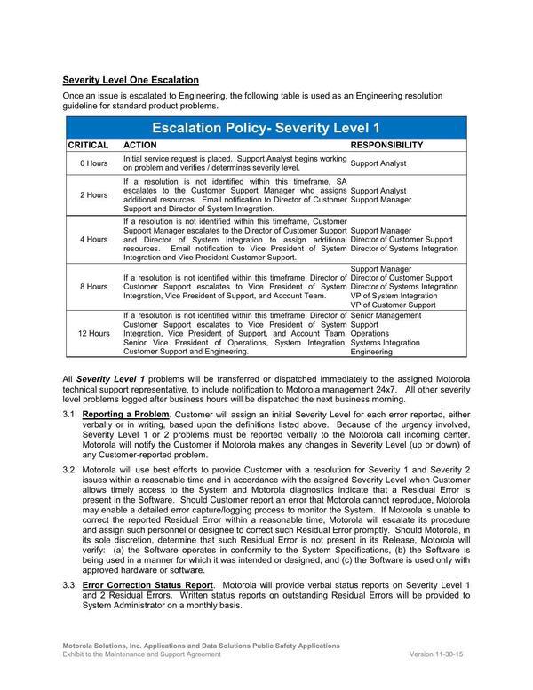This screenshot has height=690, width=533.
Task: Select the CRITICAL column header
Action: [88, 145]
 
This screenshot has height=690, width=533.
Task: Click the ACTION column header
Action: [139, 145]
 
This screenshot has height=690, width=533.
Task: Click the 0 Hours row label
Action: [93, 163]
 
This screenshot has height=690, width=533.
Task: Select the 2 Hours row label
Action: [93, 194]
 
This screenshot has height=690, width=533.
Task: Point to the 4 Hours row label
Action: [93, 239]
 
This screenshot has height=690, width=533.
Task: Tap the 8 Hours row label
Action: [93, 286]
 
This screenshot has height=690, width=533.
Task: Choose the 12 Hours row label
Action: [93, 333]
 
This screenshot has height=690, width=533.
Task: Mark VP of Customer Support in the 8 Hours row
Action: [394, 305]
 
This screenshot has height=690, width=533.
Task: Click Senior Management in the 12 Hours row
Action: [386, 315]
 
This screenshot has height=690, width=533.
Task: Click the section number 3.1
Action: [68, 415]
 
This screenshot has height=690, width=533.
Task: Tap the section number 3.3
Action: [68, 586]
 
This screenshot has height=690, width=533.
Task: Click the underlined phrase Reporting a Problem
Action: [125, 415]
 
